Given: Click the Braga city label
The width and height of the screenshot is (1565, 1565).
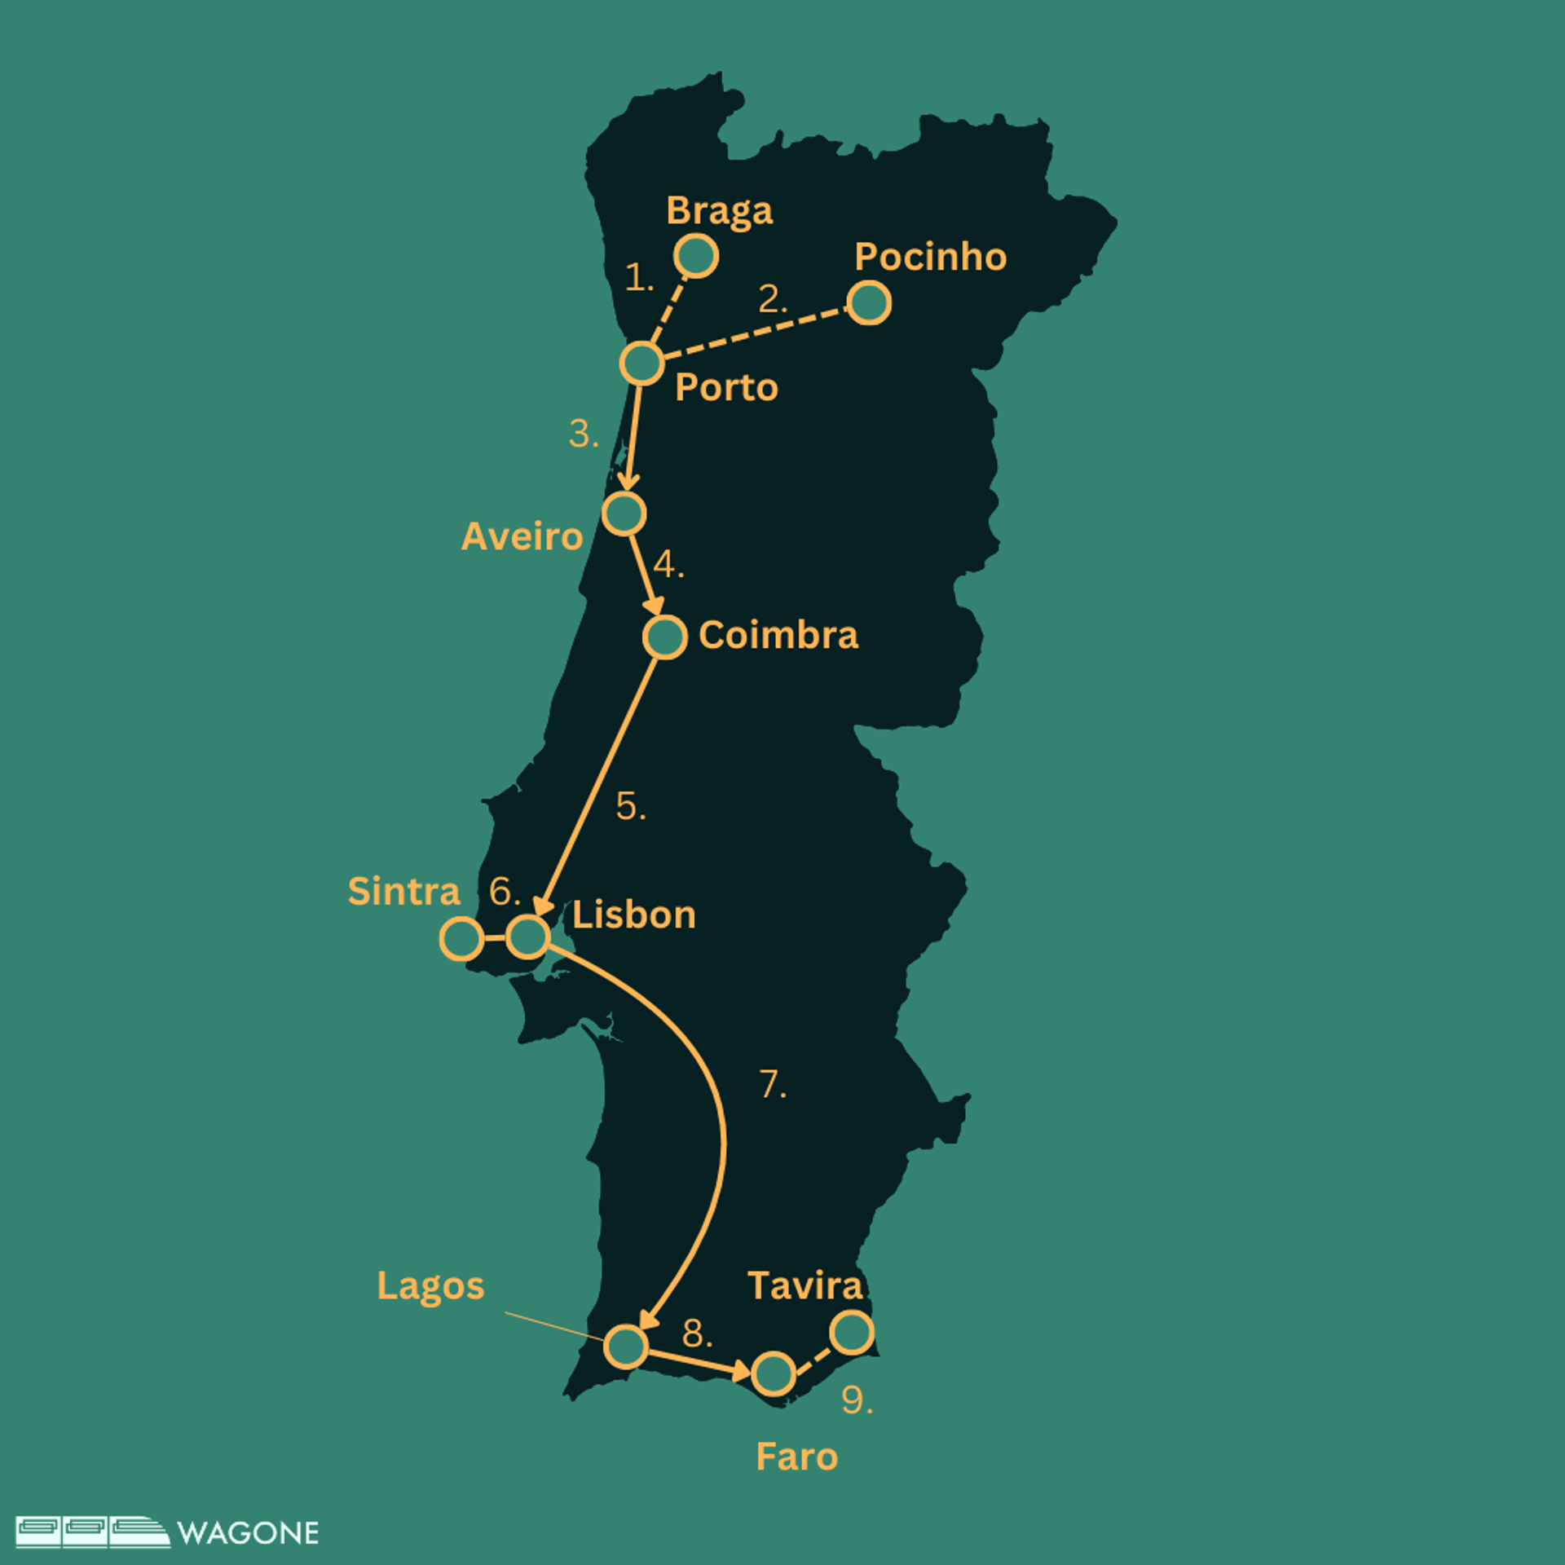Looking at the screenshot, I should click(x=719, y=211).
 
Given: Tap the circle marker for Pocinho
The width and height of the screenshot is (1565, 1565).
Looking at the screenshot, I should click(x=868, y=303).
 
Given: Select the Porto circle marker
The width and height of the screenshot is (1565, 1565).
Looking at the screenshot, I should click(x=641, y=364).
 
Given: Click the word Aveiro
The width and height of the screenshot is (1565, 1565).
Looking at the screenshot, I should click(x=522, y=536).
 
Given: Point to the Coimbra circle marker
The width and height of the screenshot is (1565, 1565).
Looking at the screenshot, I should click(x=664, y=637).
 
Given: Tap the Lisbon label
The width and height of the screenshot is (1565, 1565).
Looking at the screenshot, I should click(x=633, y=915).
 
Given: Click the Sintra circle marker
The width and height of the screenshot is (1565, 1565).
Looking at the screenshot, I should click(x=461, y=939).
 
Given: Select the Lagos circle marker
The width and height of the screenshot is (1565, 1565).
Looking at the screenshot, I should click(x=626, y=1346).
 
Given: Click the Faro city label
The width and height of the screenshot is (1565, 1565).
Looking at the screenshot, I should click(x=796, y=1457).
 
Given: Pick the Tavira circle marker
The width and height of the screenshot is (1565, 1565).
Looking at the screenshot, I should click(x=852, y=1333).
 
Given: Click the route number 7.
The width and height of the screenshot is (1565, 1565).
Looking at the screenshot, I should click(x=772, y=1085).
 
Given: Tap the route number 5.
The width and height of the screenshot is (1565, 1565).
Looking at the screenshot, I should click(x=630, y=807).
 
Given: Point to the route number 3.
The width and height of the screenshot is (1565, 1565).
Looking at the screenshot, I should click(x=583, y=434).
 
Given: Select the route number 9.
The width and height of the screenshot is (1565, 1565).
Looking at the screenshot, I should click(x=856, y=1400).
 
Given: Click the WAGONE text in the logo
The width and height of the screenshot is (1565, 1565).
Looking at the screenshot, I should click(x=248, y=1533).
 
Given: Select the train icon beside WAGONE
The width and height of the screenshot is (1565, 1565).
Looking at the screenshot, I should click(x=92, y=1532).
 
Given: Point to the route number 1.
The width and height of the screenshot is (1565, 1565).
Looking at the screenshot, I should click(x=639, y=278).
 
